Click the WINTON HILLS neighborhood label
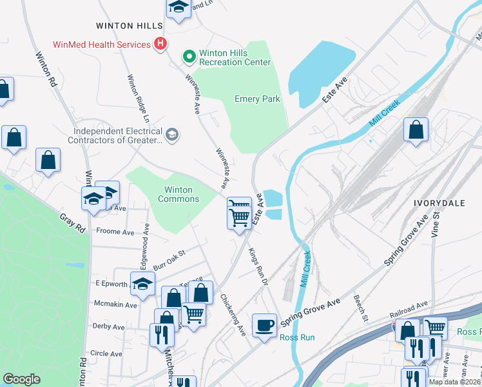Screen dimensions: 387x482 pos(129,26)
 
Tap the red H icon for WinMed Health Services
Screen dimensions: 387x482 pos(160,45)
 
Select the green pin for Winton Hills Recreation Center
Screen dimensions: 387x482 pos(189,57)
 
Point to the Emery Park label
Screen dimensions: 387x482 pos(257,99)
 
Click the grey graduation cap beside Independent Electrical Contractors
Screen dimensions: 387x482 pos(171,135)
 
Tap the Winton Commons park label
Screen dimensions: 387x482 pos(182,194)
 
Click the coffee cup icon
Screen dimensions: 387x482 pos(264,325)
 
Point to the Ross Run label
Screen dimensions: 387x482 pos(297,337)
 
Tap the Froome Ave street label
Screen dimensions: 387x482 pos(115,230)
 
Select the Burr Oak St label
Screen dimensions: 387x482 pos(168,257)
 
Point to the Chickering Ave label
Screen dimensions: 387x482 pos(233,315)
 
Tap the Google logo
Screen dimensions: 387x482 pos(21,379)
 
